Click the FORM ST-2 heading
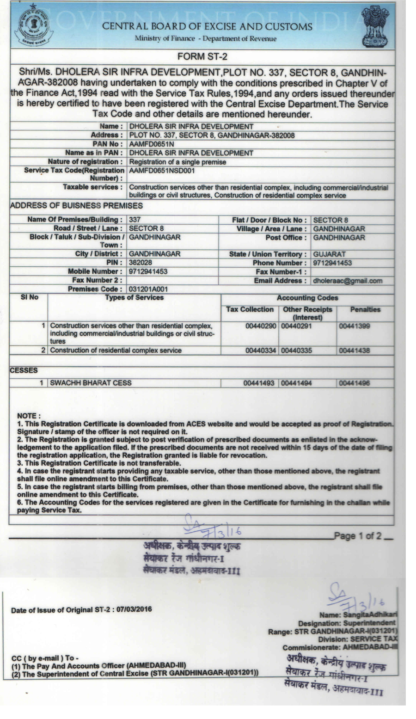(x=202, y=56)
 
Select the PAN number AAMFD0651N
(x=145, y=144)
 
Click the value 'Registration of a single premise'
(x=177, y=162)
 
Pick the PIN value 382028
(x=141, y=263)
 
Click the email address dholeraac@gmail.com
(x=348, y=281)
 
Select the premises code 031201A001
(x=148, y=289)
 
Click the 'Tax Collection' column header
(x=250, y=309)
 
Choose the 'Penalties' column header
(x=365, y=309)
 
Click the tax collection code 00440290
(x=261, y=326)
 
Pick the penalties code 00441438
(x=355, y=350)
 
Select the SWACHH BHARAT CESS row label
(x=91, y=383)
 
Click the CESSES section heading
(x=24, y=370)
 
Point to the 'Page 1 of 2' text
(x=358, y=536)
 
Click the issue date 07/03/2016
(x=134, y=609)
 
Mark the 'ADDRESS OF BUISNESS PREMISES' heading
(x=76, y=206)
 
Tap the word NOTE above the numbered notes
(x=29, y=416)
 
